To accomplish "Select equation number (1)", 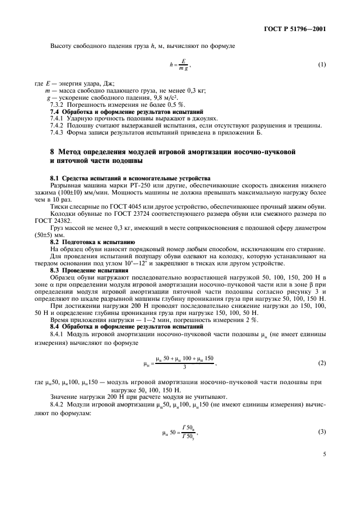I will coord(322,65).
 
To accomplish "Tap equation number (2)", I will coord(322,362).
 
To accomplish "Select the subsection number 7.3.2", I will coord(58,104).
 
